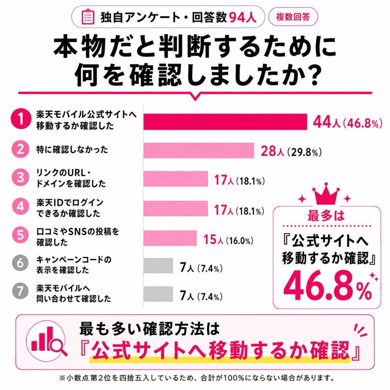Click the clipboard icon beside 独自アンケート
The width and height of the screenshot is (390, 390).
pyautogui.click(x=88, y=17)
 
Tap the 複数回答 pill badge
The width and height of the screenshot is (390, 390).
pyautogui.click(x=293, y=17)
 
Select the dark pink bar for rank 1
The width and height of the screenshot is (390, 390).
pyautogui.click(x=225, y=121)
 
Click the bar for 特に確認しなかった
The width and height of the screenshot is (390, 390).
pyautogui.click(x=198, y=150)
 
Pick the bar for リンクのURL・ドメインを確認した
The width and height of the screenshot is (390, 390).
pyautogui.click(x=176, y=179)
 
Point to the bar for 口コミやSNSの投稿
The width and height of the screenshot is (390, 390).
pyautogui.click(x=170, y=238)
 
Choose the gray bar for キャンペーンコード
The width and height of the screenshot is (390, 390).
pyautogui.click(x=158, y=266)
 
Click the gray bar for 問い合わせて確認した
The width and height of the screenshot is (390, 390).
pyautogui.click(x=158, y=294)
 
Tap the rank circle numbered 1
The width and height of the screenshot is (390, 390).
pyautogui.click(x=21, y=119)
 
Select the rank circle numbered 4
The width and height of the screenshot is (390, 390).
pyautogui.click(x=21, y=206)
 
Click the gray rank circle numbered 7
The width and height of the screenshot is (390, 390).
pyautogui.click(x=21, y=291)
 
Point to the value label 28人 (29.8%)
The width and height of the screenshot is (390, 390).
pyautogui.click(x=291, y=151)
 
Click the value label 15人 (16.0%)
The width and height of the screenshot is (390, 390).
pyautogui.click(x=229, y=240)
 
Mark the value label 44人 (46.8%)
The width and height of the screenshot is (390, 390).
pyautogui.click(x=347, y=122)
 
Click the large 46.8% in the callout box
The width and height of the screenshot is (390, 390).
pyautogui.click(x=328, y=286)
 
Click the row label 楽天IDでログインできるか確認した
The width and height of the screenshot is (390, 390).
pyautogui.click(x=70, y=208)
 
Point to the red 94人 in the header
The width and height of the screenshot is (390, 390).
pyautogui.click(x=243, y=18)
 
